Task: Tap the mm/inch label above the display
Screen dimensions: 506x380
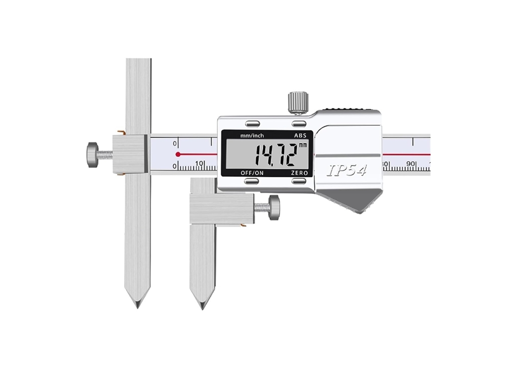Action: click(x=252, y=136)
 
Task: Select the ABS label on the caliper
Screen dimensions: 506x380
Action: click(x=300, y=136)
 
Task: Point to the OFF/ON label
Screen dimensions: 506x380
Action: click(x=252, y=173)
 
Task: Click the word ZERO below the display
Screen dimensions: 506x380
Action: click(x=300, y=173)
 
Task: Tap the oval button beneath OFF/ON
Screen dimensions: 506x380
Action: click(x=252, y=181)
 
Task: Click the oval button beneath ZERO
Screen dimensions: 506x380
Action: click(x=300, y=181)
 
